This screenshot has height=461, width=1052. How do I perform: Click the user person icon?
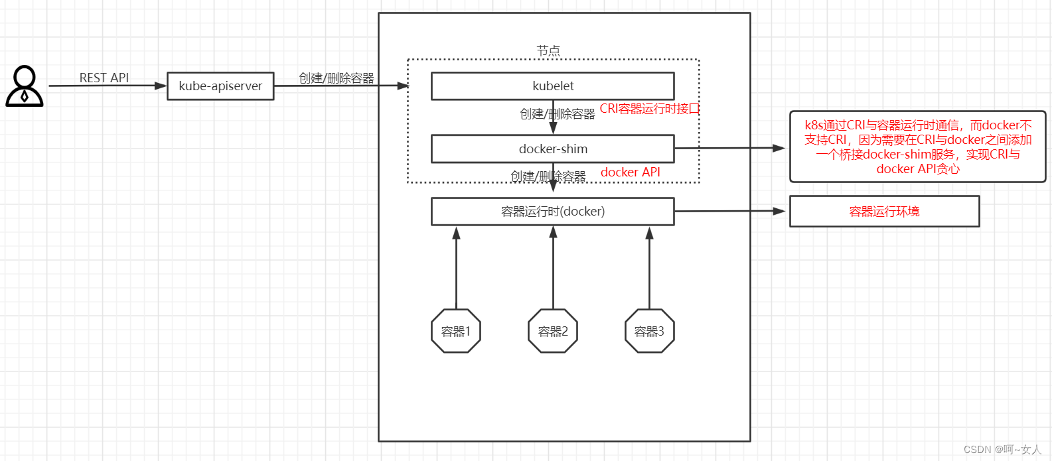click(x=25, y=86)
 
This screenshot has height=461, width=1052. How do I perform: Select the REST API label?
click(x=104, y=78)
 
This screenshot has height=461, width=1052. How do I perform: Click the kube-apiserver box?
click(x=221, y=86)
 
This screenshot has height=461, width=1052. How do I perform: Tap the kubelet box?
click(x=553, y=86)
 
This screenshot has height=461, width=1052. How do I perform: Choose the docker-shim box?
click(x=553, y=149)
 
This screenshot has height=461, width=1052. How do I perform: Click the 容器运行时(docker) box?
click(x=553, y=211)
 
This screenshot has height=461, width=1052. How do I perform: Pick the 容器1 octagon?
click(x=456, y=331)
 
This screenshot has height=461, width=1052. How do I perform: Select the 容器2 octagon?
click(x=553, y=331)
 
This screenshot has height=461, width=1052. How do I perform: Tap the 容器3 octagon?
click(x=650, y=331)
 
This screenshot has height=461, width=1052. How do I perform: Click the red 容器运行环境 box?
click(x=884, y=211)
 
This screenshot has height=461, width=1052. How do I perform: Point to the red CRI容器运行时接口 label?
click(x=650, y=109)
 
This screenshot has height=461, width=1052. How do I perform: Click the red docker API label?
click(x=631, y=172)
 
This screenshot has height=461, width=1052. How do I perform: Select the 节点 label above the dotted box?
click(x=548, y=50)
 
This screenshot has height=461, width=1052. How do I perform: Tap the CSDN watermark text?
click(x=1002, y=449)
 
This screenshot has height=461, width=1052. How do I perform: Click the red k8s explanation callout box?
click(x=918, y=147)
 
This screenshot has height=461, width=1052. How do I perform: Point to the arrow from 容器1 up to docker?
click(x=456, y=267)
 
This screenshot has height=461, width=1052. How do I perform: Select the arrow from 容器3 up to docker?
click(x=650, y=267)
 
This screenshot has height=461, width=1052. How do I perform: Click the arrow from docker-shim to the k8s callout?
click(x=730, y=149)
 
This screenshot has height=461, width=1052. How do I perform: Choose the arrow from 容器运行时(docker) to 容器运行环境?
click(x=730, y=211)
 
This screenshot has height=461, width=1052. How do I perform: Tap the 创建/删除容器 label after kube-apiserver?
click(x=337, y=78)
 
